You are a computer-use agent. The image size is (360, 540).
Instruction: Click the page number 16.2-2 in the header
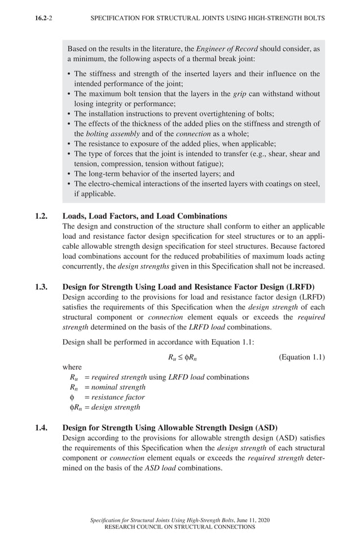[44, 18]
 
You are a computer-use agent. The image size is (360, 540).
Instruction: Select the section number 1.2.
[41, 216]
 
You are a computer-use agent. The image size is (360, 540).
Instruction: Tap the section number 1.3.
[41, 286]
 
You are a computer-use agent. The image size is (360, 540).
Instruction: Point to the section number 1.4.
[41, 427]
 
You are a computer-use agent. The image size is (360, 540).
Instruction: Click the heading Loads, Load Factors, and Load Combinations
[144, 216]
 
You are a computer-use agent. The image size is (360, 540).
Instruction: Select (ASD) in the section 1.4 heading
[264, 427]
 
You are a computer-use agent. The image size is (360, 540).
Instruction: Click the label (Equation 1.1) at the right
[302, 357]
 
